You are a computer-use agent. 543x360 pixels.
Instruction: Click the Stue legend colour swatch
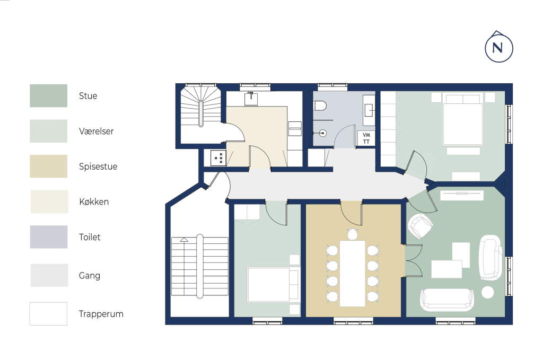tap(48, 95)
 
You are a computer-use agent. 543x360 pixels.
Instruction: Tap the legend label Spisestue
tap(98, 166)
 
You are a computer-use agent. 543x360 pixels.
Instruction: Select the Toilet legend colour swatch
tap(49, 237)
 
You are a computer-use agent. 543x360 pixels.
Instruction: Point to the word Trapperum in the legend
tap(101, 314)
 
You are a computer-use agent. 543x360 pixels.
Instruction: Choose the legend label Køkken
tap(94, 201)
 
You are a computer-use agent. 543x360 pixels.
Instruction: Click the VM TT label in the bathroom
tap(366, 138)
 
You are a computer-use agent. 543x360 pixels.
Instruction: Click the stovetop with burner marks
tap(218, 158)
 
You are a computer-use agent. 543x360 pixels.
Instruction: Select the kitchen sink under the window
tap(251, 99)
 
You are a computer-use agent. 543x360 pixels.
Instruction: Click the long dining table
tap(352, 274)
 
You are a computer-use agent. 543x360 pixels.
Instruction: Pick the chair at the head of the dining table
tap(352, 234)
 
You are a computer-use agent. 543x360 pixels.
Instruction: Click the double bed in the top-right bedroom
tap(463, 119)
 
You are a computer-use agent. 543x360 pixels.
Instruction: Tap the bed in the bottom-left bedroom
tap(273, 285)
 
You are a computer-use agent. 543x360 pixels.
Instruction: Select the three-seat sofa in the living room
tap(446, 300)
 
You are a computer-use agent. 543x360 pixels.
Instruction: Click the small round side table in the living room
tap(488, 293)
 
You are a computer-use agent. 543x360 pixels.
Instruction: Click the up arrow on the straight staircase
tap(184, 240)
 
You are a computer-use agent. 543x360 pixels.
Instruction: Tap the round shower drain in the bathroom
tap(323, 133)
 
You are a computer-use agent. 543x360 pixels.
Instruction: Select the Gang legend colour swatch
tap(49, 275)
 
